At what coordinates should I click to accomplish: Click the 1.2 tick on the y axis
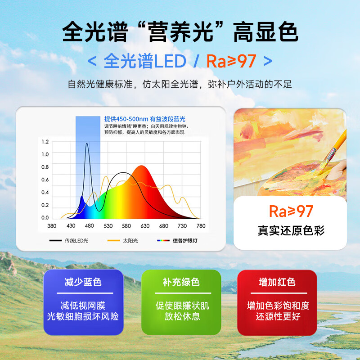tap(45, 142)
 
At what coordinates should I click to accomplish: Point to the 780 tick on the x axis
tap(201, 226)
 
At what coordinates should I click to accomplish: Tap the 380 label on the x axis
tap(52, 226)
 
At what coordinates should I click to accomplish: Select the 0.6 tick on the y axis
tap(45, 180)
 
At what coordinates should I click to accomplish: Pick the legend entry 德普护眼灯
tap(185, 241)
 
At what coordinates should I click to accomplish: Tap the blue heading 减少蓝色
tap(83, 282)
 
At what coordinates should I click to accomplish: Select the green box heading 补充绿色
tap(181, 282)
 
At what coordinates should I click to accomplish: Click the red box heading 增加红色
tap(277, 282)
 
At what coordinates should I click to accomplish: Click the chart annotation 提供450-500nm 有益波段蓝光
tap(144, 119)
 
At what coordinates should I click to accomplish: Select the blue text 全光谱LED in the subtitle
tap(144, 61)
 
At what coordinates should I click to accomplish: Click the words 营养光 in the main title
tap(180, 32)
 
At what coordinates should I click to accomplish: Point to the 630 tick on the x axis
tap(145, 226)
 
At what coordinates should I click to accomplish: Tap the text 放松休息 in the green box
tap(182, 316)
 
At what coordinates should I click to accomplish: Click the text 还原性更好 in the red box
tap(278, 316)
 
